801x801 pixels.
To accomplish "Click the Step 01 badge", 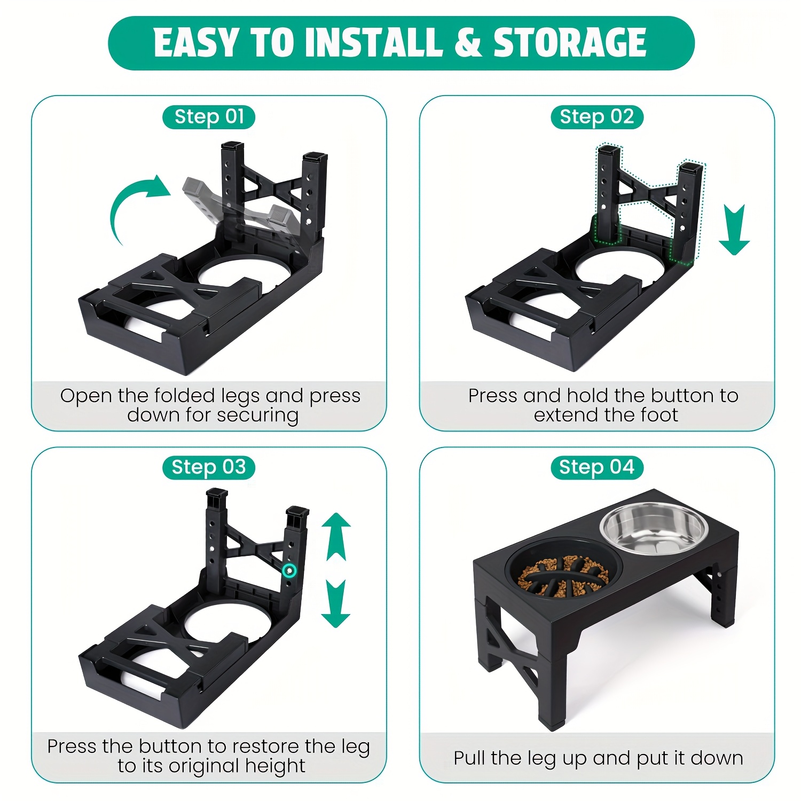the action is click(209, 117).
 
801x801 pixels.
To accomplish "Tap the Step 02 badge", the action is click(597, 117).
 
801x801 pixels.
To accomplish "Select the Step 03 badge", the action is click(209, 468).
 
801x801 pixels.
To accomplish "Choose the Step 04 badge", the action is click(597, 468).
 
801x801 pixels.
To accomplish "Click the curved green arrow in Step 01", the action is click(128, 198).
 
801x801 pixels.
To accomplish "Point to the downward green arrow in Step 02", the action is click(734, 230).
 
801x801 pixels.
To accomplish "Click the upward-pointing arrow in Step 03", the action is click(336, 537).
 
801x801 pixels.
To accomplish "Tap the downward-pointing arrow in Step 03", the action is click(336, 603).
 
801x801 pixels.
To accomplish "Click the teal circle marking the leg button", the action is click(289, 571).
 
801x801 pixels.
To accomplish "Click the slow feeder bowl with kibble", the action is click(563, 577).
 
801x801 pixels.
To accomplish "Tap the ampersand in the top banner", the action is click(468, 43).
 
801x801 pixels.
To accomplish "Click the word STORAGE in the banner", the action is click(570, 43).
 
